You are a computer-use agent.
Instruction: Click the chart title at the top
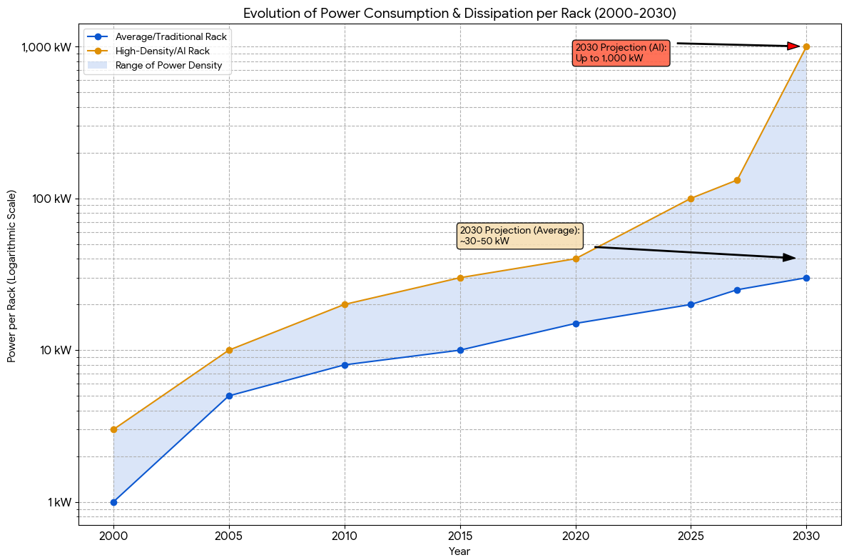pos(459,13)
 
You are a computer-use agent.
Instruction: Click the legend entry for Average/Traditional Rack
pos(171,36)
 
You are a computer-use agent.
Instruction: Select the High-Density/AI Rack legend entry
pos(162,51)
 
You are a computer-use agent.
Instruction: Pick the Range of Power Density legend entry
pos(168,66)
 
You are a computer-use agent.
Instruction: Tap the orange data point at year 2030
pos(806,46)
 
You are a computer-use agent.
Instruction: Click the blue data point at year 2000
pos(113,502)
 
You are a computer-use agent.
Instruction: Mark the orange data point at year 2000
pos(113,429)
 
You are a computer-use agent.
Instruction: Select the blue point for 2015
pos(460,350)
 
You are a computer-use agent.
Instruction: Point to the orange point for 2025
pos(691,199)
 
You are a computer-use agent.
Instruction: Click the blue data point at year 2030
pos(806,278)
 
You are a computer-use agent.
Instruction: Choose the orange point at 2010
pos(345,304)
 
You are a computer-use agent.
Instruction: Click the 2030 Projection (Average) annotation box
pos(519,236)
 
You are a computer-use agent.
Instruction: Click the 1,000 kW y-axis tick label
pos(46,47)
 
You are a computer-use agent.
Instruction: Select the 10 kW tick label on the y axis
pos(54,351)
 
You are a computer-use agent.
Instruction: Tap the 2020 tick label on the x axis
pos(575,534)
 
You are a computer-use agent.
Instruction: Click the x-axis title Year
pos(459,551)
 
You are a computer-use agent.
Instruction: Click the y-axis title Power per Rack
pos(11,276)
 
